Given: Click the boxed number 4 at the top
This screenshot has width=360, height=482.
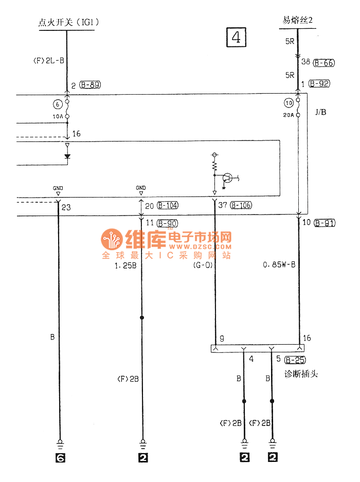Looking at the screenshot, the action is click(x=236, y=37).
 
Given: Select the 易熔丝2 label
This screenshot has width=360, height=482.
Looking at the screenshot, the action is click(x=297, y=21).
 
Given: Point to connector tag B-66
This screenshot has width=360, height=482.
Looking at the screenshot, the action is click(x=324, y=63).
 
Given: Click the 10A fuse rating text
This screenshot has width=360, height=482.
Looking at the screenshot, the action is click(x=57, y=116).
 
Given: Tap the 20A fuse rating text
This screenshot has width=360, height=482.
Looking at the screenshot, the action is click(x=288, y=116).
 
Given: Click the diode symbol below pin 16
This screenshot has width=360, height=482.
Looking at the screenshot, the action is click(x=67, y=156).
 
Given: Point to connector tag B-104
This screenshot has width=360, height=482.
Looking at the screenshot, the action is click(x=168, y=206).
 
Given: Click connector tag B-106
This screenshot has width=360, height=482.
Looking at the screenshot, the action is click(x=241, y=206).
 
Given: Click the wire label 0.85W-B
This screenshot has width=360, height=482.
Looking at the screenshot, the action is click(x=279, y=265).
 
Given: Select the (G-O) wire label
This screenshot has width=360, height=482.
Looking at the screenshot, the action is click(x=203, y=266).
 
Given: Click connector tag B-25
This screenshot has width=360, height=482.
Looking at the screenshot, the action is click(x=296, y=360).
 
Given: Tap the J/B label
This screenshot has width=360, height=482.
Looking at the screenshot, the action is click(x=320, y=112).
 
